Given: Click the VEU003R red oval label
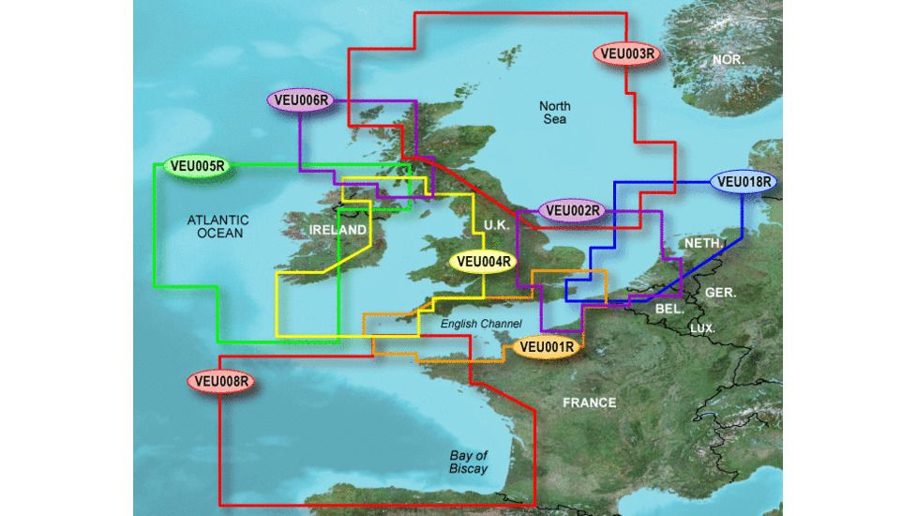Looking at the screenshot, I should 627,54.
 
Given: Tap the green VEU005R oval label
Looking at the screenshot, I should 197,167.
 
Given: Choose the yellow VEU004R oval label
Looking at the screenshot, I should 484,262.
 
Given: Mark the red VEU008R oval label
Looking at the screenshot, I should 221,381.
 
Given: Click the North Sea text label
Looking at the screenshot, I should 556,113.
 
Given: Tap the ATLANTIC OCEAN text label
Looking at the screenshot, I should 215,226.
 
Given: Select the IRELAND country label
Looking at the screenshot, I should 338,230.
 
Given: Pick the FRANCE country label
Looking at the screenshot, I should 589,402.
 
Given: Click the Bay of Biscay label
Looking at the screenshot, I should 467,462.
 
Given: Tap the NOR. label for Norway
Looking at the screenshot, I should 729,59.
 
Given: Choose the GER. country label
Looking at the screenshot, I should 722,292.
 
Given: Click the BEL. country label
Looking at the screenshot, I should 669,309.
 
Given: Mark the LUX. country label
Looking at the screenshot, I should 702,328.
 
